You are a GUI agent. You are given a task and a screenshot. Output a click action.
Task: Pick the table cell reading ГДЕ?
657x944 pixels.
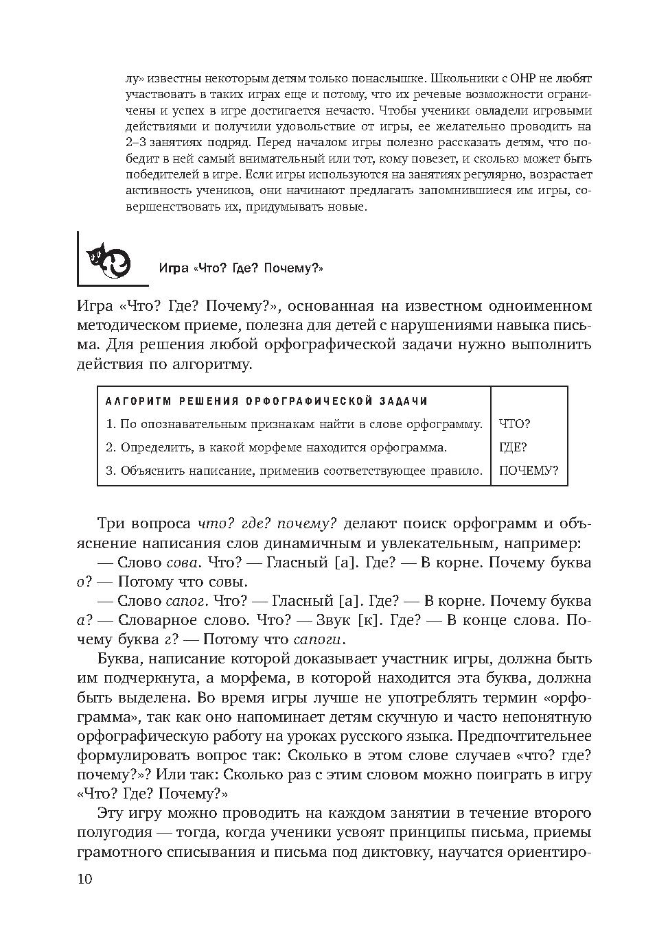click(x=514, y=447)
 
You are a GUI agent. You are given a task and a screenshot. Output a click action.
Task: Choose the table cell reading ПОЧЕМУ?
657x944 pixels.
click(x=529, y=471)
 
